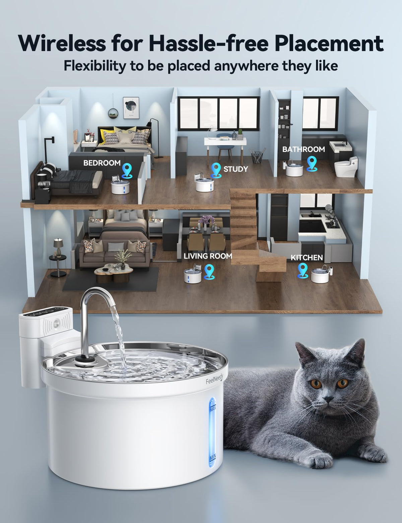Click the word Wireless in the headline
pos(62,43)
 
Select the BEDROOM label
pos(102,163)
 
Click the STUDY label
pos(236,169)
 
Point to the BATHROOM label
pos(304,149)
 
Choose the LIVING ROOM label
pos(208,256)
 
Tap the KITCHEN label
pos(307,257)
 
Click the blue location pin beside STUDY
pos(216,170)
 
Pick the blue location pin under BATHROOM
pos(312,164)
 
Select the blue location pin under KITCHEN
pos(303,270)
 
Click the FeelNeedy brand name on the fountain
pos(214,380)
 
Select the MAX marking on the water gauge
pos(213,409)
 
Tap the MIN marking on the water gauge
pos(213,457)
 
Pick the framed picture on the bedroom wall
pos(131,108)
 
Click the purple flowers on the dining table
pos(205,220)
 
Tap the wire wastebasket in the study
pos(257,157)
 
